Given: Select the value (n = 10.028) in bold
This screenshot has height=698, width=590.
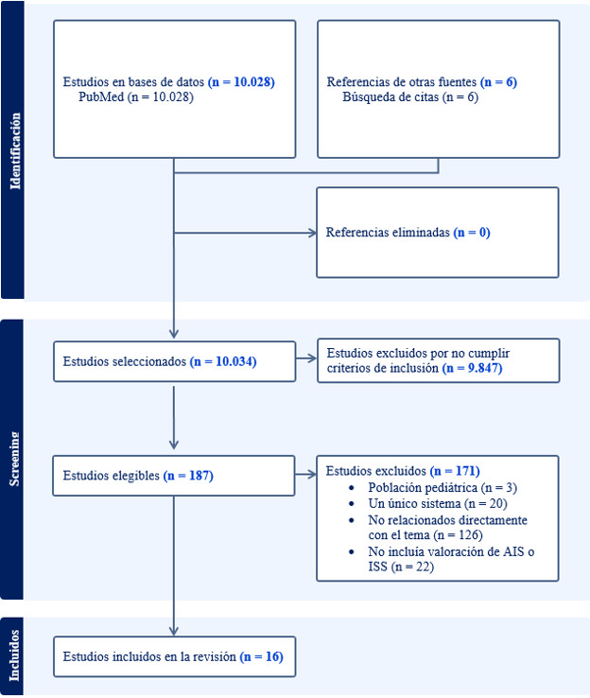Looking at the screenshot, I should pyautogui.click(x=241, y=82).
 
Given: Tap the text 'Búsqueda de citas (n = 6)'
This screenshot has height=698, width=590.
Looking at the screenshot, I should pyautogui.click(x=410, y=96).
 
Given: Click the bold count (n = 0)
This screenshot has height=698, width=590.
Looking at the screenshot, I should pyautogui.click(x=471, y=232).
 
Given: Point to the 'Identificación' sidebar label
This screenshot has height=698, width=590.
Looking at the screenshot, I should pyautogui.click(x=13, y=151).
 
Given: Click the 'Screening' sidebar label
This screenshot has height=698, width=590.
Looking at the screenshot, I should pyautogui.click(x=13, y=461).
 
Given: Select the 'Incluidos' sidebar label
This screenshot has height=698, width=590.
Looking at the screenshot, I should pyautogui.click(x=13, y=656).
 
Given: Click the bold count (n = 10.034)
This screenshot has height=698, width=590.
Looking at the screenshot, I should pyautogui.click(x=223, y=361).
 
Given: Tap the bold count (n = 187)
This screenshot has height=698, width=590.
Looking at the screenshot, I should pyautogui.click(x=188, y=475).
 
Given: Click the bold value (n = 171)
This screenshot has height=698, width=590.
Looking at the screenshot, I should pyautogui.click(x=455, y=470).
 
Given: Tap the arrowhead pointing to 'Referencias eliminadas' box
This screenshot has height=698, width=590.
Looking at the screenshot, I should pyautogui.click(x=311, y=233).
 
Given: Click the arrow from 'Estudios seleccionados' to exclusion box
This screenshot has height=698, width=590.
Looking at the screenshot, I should pyautogui.click(x=306, y=359).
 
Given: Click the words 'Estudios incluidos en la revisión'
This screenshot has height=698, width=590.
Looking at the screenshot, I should pyautogui.click(x=149, y=655).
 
